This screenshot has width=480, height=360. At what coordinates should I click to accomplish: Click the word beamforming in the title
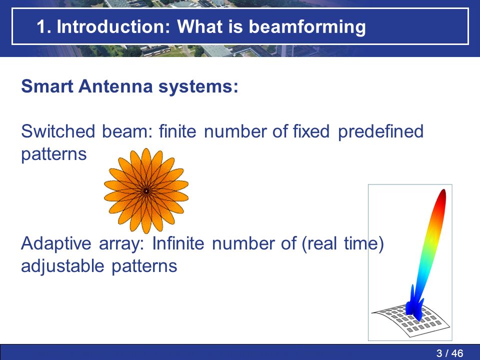(x=307, y=27)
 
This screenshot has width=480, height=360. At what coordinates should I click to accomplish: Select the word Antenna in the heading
(x=115, y=86)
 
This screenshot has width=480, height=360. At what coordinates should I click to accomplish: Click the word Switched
(x=58, y=131)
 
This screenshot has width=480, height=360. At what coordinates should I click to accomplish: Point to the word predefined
(x=381, y=132)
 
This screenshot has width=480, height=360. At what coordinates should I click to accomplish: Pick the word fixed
(x=311, y=131)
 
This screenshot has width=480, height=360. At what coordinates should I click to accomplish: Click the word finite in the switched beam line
(x=177, y=131)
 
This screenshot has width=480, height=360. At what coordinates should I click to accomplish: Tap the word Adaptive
(x=56, y=244)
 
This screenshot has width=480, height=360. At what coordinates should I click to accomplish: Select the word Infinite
(x=178, y=243)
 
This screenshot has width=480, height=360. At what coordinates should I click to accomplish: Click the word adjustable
(x=63, y=266)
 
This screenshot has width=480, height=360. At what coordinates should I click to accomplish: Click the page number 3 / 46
(x=449, y=353)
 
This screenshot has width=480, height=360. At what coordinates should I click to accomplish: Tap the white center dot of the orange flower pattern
(x=146, y=191)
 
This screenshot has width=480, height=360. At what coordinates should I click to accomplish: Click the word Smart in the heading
(x=47, y=86)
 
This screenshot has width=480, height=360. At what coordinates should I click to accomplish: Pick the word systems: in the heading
(x=198, y=87)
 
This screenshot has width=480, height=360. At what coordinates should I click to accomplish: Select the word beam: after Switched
(x=127, y=131)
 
